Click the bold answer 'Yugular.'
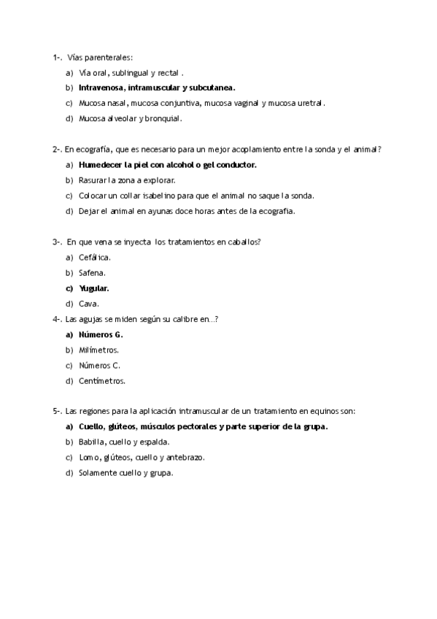click(x=94, y=288)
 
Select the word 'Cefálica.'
click(x=95, y=258)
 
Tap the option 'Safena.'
click(x=92, y=273)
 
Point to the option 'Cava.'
click(x=89, y=304)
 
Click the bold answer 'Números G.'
click(x=101, y=334)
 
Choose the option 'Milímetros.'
click(x=98, y=350)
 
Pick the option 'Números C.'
click(x=99, y=365)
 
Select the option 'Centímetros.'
click(x=102, y=380)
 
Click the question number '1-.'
click(x=57, y=56)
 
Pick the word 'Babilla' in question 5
click(x=92, y=442)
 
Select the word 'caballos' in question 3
click(x=242, y=242)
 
